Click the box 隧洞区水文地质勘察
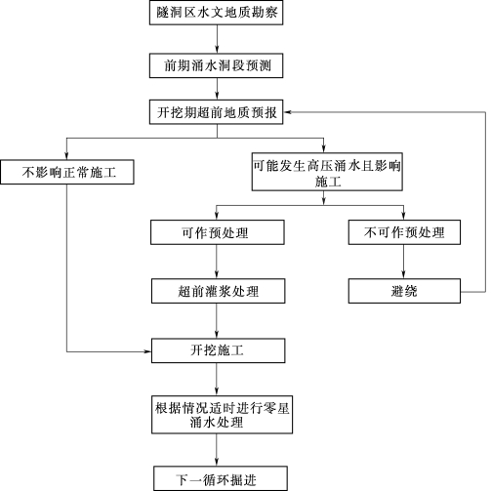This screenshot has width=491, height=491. click(216, 13)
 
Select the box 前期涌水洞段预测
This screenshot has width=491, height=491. click(216, 65)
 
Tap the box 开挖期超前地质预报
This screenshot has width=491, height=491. click(216, 112)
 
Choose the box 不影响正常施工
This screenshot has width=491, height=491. click(67, 172)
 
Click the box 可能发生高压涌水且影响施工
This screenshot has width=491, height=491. click(327, 172)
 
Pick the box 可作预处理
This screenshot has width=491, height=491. click(217, 232)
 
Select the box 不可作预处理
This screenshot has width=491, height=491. click(404, 232)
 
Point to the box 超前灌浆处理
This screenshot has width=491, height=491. click(218, 291)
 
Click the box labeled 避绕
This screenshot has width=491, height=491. click(404, 291)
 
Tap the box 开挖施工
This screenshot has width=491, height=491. click(218, 350)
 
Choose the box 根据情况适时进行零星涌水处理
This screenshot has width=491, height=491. click(222, 415)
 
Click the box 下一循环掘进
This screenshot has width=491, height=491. click(221, 478)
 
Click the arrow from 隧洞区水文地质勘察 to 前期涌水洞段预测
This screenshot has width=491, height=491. click(217, 39)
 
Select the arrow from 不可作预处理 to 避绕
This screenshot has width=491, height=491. click(404, 262)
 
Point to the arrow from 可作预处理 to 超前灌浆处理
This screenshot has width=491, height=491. click(217, 262)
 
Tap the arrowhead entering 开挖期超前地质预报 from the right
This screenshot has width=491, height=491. click(287, 112)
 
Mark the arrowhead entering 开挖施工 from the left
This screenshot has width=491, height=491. click(147, 351)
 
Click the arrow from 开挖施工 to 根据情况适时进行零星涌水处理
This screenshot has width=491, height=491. click(217, 380)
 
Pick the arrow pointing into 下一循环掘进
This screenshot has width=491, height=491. click(217, 450)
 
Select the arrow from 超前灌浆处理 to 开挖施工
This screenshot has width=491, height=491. click(217, 321)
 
